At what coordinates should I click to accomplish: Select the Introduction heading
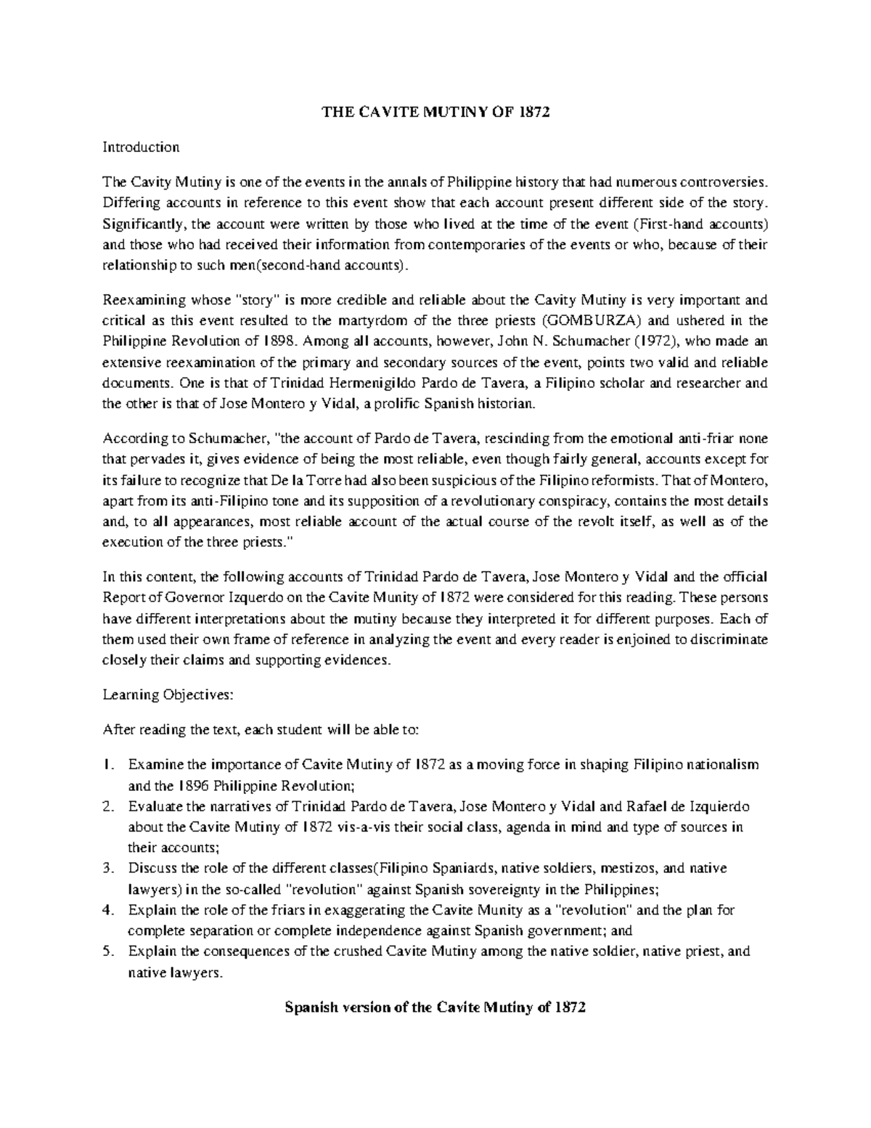(141, 147)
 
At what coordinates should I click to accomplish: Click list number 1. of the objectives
(109, 765)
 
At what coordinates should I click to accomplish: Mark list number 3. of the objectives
(109, 869)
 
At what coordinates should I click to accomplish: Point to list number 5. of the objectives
(109, 952)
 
